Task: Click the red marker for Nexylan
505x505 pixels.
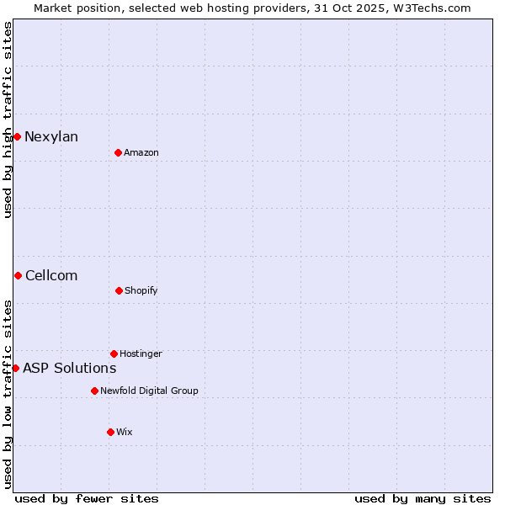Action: click(x=17, y=136)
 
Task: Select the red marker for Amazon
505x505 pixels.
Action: click(x=118, y=152)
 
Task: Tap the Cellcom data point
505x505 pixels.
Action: click(x=18, y=275)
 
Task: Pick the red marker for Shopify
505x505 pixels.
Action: click(x=119, y=290)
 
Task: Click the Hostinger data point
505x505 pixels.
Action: click(x=114, y=353)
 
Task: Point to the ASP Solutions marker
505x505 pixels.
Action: click(x=15, y=368)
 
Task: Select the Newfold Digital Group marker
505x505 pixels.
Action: click(x=94, y=391)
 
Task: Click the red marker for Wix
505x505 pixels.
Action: click(x=110, y=432)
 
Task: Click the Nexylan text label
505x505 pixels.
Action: click(x=51, y=137)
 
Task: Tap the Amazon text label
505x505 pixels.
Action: click(x=141, y=153)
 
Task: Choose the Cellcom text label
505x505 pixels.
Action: click(x=51, y=276)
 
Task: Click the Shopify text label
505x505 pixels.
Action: click(x=141, y=291)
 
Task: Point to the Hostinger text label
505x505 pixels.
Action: click(x=141, y=354)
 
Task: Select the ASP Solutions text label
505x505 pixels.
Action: click(x=70, y=369)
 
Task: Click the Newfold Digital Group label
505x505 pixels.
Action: click(x=150, y=391)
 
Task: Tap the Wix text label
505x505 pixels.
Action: click(x=125, y=433)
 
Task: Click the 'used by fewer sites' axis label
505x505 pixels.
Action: click(x=87, y=499)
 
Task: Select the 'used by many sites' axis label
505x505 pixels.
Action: click(x=423, y=499)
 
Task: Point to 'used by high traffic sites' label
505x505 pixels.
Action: click(x=8, y=120)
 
